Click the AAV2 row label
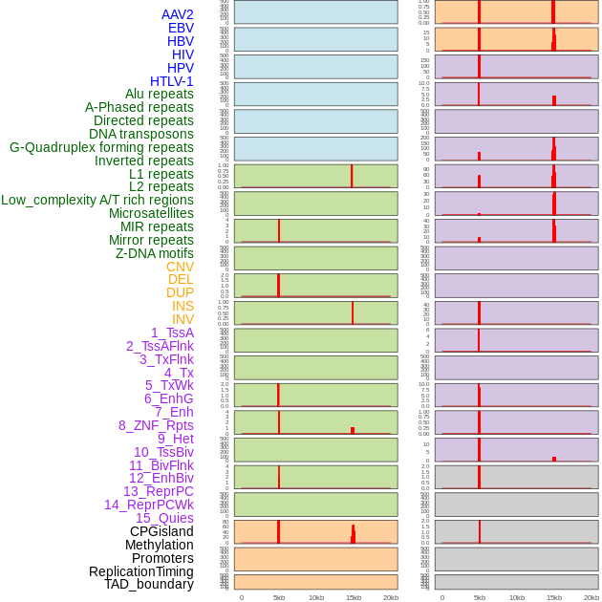point(178,14)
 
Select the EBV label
point(181,28)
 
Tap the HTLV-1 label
point(172,81)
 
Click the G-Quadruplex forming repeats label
point(101,147)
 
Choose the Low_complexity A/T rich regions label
point(97,200)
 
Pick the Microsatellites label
point(151,213)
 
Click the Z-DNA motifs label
point(155,253)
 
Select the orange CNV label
point(180,267)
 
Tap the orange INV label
point(183,319)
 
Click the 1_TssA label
point(172,333)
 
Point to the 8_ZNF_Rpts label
point(156,425)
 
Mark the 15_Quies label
point(164,518)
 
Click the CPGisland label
point(161,531)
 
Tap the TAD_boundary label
point(149,584)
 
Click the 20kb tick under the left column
point(391,597)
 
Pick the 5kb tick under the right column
point(480,597)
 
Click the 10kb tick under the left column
point(316,597)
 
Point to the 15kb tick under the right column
point(554,597)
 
